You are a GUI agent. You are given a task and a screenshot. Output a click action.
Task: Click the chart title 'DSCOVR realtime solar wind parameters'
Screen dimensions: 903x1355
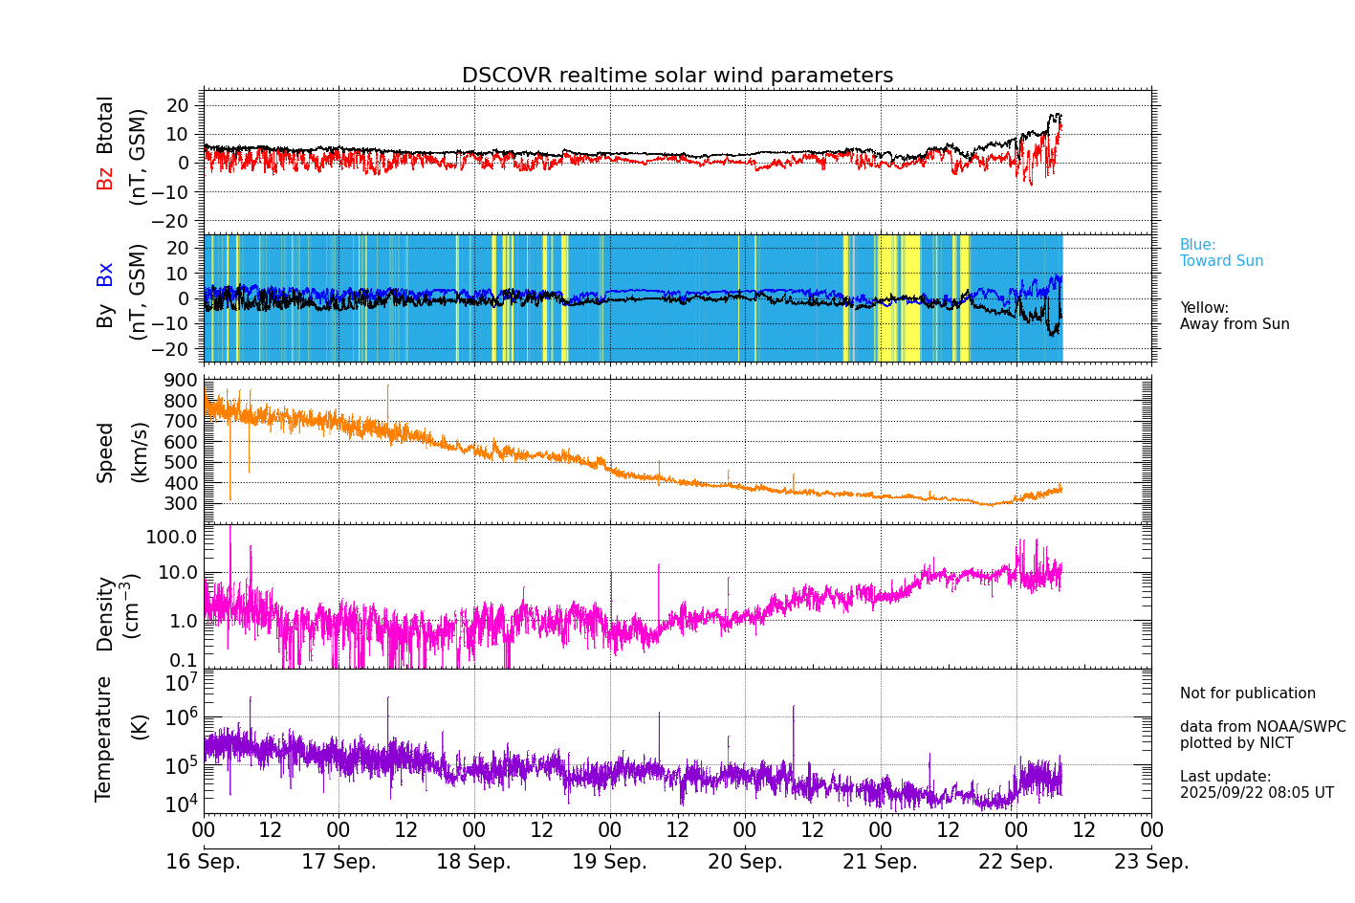[x=677, y=76]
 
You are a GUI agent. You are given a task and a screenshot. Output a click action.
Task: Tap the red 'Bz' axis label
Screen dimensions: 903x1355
[x=105, y=179]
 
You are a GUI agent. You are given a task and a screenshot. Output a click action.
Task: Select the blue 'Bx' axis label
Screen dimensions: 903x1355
[x=105, y=274]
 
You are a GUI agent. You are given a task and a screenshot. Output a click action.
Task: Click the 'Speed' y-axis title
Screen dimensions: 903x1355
[x=105, y=451]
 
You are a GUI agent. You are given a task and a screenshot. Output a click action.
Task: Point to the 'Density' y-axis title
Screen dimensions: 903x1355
[x=105, y=613]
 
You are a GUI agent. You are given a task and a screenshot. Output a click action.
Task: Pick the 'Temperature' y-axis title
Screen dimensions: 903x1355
[x=104, y=738]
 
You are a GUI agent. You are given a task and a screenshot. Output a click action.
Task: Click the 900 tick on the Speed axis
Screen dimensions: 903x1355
[x=181, y=381]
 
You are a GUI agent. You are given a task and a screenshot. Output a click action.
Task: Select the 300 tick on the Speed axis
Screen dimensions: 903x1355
[x=181, y=504]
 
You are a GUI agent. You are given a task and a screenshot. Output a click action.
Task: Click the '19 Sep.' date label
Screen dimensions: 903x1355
[x=609, y=862]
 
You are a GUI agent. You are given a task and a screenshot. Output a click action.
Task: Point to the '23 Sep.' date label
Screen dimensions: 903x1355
[x=1151, y=862]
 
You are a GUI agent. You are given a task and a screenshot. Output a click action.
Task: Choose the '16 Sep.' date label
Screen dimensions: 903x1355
[x=204, y=862]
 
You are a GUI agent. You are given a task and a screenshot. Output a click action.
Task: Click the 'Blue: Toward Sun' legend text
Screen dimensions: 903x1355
[x=1221, y=253]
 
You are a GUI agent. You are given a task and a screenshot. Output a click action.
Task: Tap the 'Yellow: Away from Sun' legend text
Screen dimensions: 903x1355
[x=1235, y=317]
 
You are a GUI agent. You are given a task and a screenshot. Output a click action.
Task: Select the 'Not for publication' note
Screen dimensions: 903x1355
[x=1247, y=694]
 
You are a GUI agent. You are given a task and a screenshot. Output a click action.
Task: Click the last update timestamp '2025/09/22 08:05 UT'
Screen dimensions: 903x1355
[x=1257, y=793]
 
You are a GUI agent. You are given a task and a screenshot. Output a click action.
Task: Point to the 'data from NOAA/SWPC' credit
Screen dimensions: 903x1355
[x=1262, y=727]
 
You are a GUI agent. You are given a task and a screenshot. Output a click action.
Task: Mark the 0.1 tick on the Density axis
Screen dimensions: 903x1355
[x=185, y=660]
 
